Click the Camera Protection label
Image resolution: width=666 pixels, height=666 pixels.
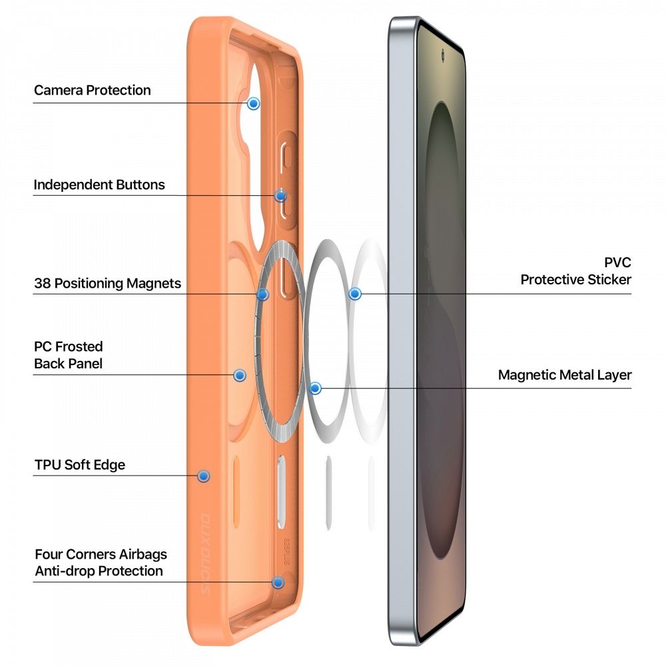92,90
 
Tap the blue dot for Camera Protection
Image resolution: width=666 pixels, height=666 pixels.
254,103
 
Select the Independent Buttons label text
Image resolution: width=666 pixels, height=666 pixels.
99,184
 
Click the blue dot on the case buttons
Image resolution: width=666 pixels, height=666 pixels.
280,196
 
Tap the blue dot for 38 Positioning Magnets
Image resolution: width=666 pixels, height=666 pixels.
263,294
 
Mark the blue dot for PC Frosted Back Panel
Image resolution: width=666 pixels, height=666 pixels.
240,375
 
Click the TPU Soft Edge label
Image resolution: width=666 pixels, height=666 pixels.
80,465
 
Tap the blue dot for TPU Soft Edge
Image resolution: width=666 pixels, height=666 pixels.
204,476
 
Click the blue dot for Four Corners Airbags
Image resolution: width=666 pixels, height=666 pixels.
278,582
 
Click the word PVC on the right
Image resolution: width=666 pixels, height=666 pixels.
617,262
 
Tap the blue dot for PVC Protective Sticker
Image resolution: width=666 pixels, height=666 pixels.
355,294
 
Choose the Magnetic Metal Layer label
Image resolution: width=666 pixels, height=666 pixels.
565,375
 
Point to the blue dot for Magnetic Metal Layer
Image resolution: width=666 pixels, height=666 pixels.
315,388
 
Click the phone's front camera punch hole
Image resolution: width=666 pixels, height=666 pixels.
443,55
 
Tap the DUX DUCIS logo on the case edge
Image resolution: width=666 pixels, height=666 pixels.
204,554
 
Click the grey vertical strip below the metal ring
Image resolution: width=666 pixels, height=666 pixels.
328,493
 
